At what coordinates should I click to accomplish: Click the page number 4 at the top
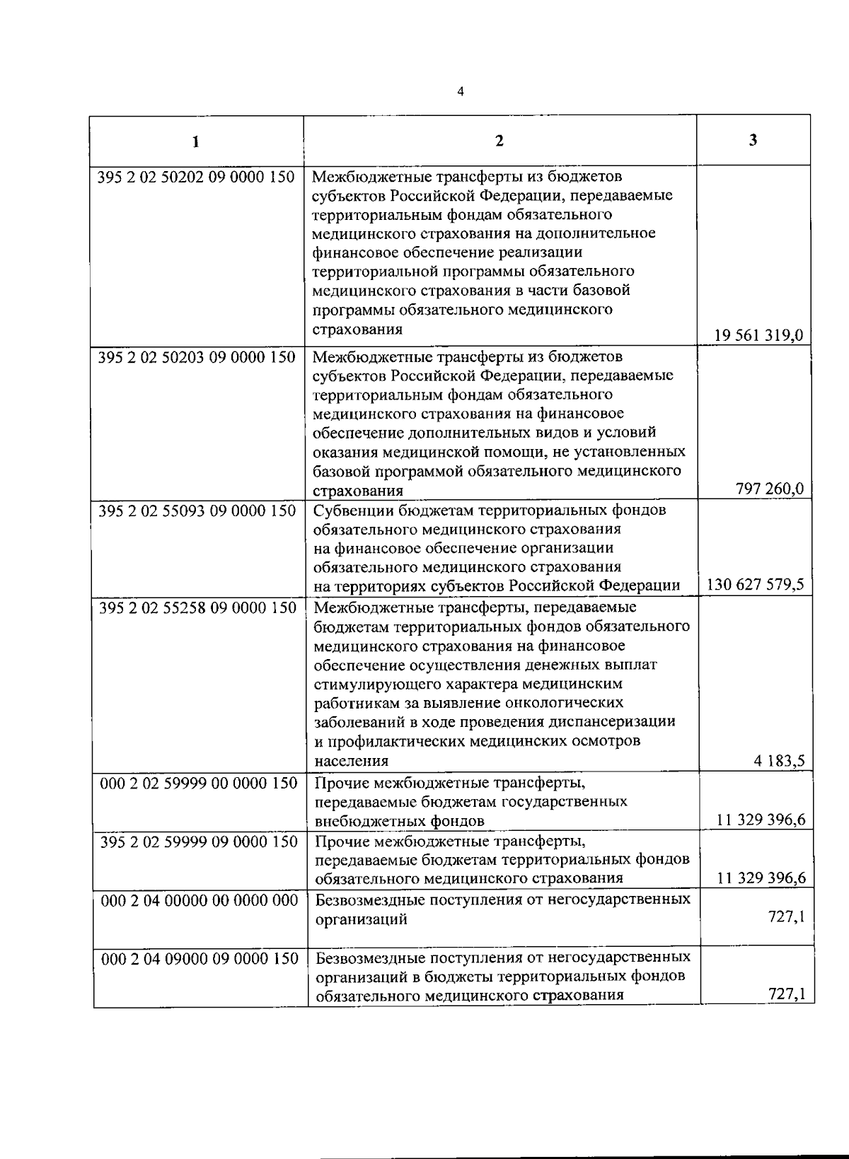[461, 91]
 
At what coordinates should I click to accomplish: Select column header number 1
[196, 141]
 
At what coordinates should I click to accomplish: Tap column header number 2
[499, 141]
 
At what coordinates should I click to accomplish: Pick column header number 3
[753, 140]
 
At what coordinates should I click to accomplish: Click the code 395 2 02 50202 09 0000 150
[196, 177]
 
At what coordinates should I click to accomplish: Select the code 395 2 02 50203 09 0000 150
[197, 358]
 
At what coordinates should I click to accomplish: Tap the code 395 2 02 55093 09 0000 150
[197, 511]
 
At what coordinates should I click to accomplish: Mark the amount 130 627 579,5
[755, 585]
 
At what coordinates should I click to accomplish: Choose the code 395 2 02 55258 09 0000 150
[197, 607]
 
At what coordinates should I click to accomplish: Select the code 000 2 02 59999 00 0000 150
[199, 784]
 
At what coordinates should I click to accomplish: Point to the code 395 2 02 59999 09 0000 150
[199, 841]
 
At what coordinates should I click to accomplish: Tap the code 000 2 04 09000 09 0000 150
[200, 958]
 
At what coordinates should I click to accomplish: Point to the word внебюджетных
[359, 822]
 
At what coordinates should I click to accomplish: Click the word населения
[351, 762]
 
